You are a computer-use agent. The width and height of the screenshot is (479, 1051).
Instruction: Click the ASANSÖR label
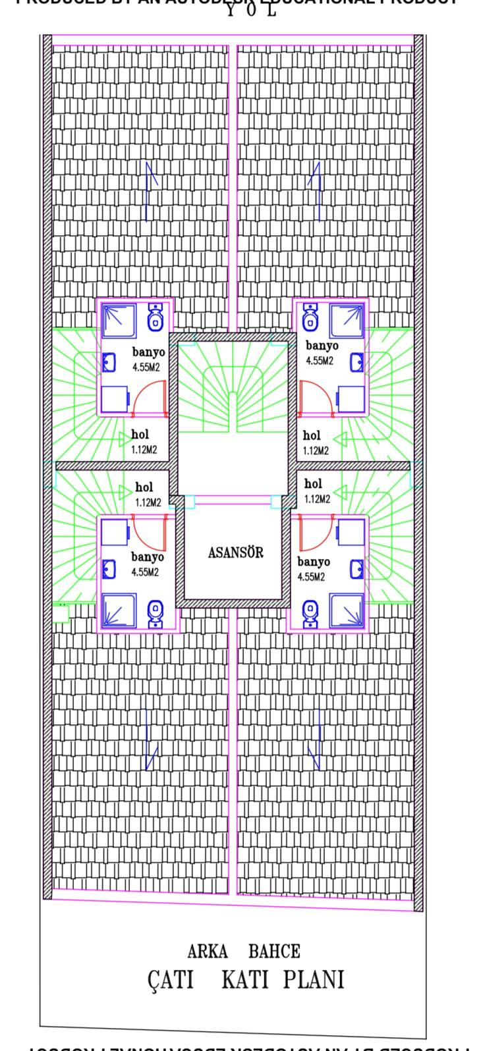tap(235, 553)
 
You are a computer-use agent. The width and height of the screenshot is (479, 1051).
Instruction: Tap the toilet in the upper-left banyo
tap(156, 318)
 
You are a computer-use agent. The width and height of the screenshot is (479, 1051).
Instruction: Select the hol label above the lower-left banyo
tap(143, 487)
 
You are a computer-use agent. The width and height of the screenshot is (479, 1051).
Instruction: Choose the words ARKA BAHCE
tap(244, 951)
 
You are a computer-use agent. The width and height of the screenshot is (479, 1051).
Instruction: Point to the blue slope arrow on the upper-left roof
tap(151, 191)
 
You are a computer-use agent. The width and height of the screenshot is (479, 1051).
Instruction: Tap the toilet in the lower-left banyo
tap(156, 613)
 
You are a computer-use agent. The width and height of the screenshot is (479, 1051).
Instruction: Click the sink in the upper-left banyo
tap(109, 362)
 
